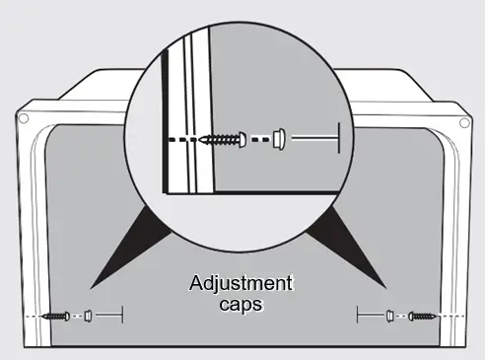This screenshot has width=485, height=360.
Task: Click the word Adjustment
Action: click(242, 285)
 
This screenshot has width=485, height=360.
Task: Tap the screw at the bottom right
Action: click(425, 316)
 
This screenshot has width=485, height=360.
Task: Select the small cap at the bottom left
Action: click(87, 316)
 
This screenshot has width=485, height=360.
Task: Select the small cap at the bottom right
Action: click(391, 316)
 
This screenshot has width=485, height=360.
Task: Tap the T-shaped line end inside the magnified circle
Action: click(337, 138)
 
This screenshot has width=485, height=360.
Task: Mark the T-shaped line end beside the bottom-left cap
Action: click(121, 316)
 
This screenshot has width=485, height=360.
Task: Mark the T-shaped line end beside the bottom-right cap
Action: click(358, 316)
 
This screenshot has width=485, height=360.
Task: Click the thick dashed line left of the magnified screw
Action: click(182, 139)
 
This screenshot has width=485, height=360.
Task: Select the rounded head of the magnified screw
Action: click(239, 139)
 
